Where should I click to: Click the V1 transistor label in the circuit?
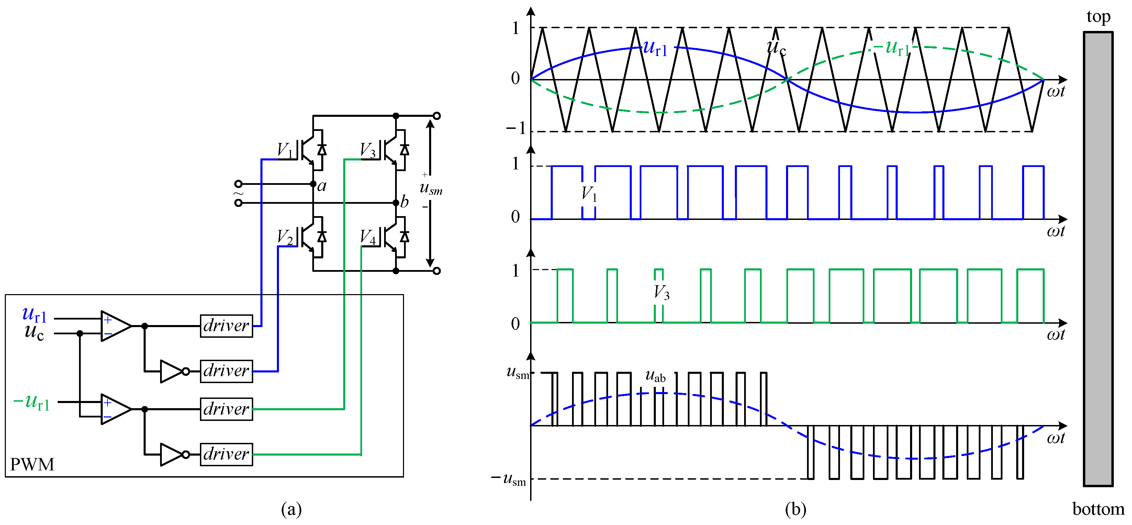[284, 150]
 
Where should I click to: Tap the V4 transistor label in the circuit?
[368, 237]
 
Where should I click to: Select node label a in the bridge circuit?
[322, 186]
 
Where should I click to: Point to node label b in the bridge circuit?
[404, 202]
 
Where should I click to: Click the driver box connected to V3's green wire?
[226, 409]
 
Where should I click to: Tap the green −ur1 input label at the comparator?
[32, 402]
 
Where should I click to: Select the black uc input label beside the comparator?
[34, 332]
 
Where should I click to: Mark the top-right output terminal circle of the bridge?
[436, 116]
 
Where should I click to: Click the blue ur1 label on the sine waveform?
[655, 48]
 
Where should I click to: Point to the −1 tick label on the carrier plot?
[516, 129]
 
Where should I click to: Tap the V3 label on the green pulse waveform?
[661, 292]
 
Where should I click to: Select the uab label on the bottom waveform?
[655, 376]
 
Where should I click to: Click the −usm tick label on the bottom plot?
[508, 479]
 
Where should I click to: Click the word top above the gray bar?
[1098, 17]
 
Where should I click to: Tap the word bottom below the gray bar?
[1098, 509]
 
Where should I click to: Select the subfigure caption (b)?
[795, 509]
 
